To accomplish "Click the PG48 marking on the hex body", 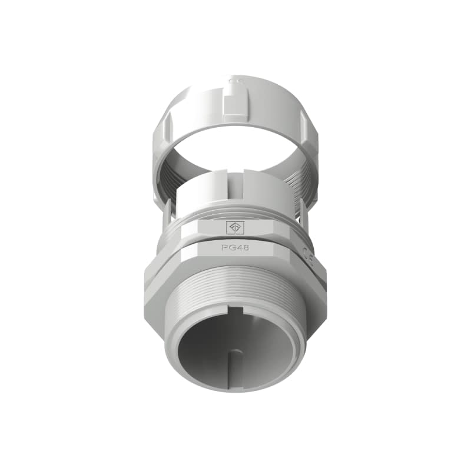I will click(x=235, y=248).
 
